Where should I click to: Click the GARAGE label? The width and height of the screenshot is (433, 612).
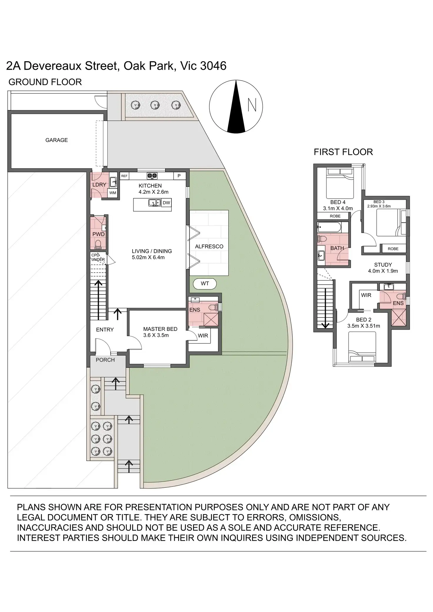click(x=56, y=140)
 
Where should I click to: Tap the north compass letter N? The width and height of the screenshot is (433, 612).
click(x=252, y=105)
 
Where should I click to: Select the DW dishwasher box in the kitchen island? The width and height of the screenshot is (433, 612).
click(x=166, y=203)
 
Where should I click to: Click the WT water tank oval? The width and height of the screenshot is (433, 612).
click(x=205, y=284)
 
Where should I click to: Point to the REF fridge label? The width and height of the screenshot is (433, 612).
click(x=124, y=176)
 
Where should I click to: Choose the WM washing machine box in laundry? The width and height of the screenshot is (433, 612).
click(x=113, y=193)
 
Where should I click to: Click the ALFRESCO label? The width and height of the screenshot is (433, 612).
click(x=209, y=247)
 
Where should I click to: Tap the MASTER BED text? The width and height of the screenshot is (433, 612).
click(x=160, y=329)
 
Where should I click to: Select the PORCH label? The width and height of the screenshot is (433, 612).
click(x=105, y=360)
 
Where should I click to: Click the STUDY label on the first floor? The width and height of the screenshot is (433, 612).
click(x=383, y=265)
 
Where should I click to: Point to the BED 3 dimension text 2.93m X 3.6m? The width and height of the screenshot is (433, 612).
click(x=379, y=206)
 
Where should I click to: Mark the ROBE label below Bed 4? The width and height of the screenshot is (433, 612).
click(x=335, y=216)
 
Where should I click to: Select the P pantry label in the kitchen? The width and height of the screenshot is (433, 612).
click(x=179, y=176)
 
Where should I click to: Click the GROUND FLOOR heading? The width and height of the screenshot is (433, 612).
click(x=45, y=82)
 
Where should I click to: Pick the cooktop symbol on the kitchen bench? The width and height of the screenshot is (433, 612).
click(x=152, y=176)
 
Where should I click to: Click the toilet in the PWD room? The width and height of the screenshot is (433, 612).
click(x=98, y=244)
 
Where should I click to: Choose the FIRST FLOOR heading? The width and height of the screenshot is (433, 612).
click(x=343, y=152)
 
